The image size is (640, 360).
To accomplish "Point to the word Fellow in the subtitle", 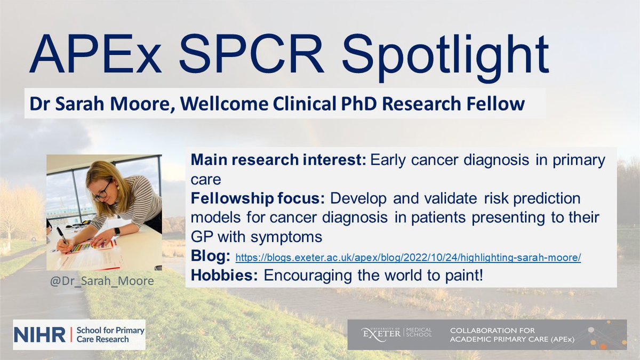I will tap(498, 103).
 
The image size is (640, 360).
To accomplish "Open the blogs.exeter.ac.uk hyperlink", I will tap(408, 258).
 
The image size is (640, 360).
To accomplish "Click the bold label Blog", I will tap(210, 257).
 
